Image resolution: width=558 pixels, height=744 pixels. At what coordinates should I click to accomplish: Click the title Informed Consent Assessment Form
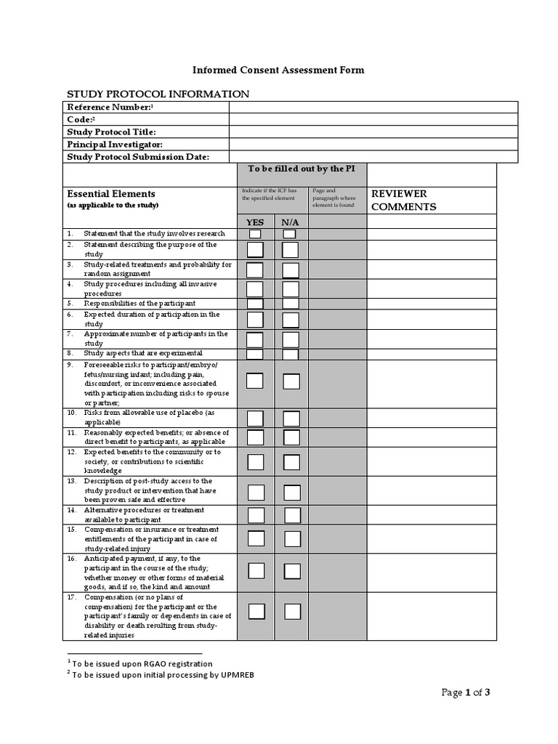coord(278,70)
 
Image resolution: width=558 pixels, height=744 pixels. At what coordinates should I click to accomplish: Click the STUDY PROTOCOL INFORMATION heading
coord(158,94)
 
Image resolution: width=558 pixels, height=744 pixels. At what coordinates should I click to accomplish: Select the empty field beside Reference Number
coord(373,108)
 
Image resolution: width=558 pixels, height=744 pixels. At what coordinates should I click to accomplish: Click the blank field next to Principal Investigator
coord(373,145)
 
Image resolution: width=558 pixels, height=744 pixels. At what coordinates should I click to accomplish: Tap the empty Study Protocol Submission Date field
coord(373,157)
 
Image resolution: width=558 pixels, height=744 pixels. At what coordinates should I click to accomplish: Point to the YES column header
coord(255,222)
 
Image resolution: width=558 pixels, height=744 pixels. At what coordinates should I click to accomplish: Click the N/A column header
coord(291,222)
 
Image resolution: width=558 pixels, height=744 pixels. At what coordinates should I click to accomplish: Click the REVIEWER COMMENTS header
coord(404,200)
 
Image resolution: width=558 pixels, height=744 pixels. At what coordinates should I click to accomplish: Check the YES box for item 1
coord(255,234)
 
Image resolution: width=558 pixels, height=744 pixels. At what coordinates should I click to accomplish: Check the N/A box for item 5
coord(291,304)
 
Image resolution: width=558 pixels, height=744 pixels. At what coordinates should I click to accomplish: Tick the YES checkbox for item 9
coord(255,381)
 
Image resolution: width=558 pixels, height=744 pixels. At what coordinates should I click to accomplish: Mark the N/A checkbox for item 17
coord(292,611)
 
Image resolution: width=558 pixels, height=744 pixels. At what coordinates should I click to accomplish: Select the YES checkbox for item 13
coord(256,492)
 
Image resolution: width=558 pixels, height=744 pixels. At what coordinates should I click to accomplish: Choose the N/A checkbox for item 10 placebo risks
coord(291,418)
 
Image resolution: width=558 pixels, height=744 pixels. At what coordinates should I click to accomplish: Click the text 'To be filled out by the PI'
coord(301,169)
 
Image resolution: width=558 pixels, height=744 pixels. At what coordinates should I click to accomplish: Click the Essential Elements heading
coord(111,194)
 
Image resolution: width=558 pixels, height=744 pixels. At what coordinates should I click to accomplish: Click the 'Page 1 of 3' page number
coord(466,692)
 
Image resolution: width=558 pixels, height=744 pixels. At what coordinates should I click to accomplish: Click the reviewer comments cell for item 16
coord(432,573)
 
